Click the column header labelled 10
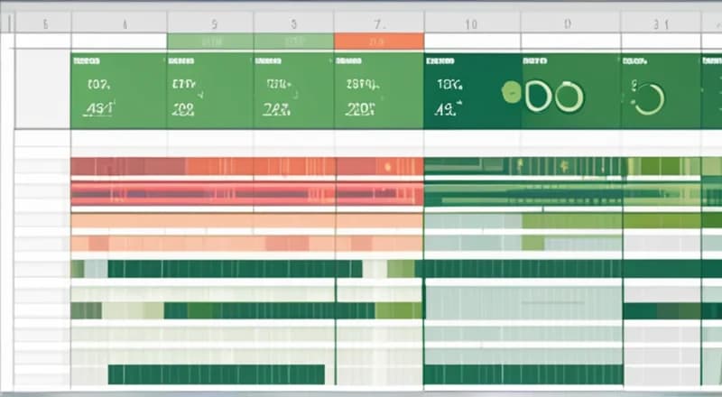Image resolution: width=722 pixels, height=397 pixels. pyautogui.click(x=470, y=25)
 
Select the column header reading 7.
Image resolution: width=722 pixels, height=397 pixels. pyautogui.click(x=379, y=24)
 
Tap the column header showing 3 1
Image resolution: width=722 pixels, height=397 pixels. pyautogui.click(x=661, y=25)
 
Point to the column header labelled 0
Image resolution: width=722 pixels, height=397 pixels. pyautogui.click(x=566, y=25)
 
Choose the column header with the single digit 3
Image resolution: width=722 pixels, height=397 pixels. pyautogui.click(x=294, y=25)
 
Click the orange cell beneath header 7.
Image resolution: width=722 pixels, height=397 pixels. pyautogui.click(x=379, y=42)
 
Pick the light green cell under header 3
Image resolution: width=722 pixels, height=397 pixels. pyautogui.click(x=294, y=42)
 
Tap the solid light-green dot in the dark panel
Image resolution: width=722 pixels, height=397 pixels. pyautogui.click(x=511, y=93)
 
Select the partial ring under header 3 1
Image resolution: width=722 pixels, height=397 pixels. pyautogui.click(x=649, y=98)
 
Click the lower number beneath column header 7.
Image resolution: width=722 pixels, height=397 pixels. pyautogui.click(x=361, y=110)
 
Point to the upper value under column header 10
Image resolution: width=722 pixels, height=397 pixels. pyautogui.click(x=449, y=86)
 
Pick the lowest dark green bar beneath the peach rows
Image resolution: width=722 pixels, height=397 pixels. pyautogui.click(x=216, y=374)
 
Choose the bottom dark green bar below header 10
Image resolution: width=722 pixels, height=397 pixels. pyautogui.click(x=523, y=374)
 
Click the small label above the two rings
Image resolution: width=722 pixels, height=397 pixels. pyautogui.click(x=534, y=62)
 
